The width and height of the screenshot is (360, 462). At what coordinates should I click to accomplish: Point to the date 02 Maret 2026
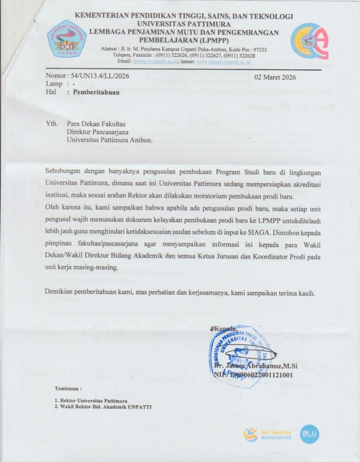pos(275,77)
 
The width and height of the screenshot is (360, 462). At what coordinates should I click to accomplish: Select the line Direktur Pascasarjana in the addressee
pos(98,132)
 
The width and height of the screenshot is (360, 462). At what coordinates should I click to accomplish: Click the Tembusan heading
pos(68,389)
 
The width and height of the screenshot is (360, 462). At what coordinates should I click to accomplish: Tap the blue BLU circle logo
pos(309,434)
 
